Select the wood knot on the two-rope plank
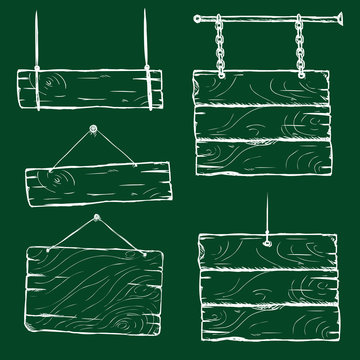tap(55, 83)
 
